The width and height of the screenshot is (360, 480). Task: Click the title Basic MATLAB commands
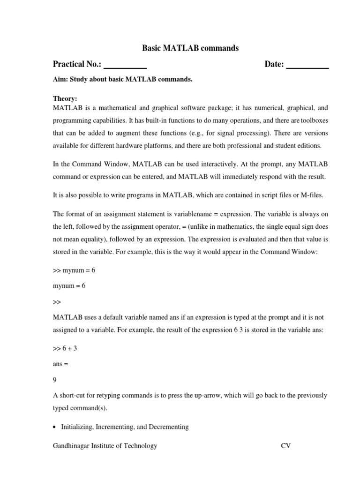(190, 48)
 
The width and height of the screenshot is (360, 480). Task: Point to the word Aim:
(60, 79)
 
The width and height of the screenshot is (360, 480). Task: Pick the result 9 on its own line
(55, 380)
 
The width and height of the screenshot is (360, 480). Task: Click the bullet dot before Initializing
(55, 427)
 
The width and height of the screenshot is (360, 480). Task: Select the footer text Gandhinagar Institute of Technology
(105, 446)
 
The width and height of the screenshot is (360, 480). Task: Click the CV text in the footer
(285, 446)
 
